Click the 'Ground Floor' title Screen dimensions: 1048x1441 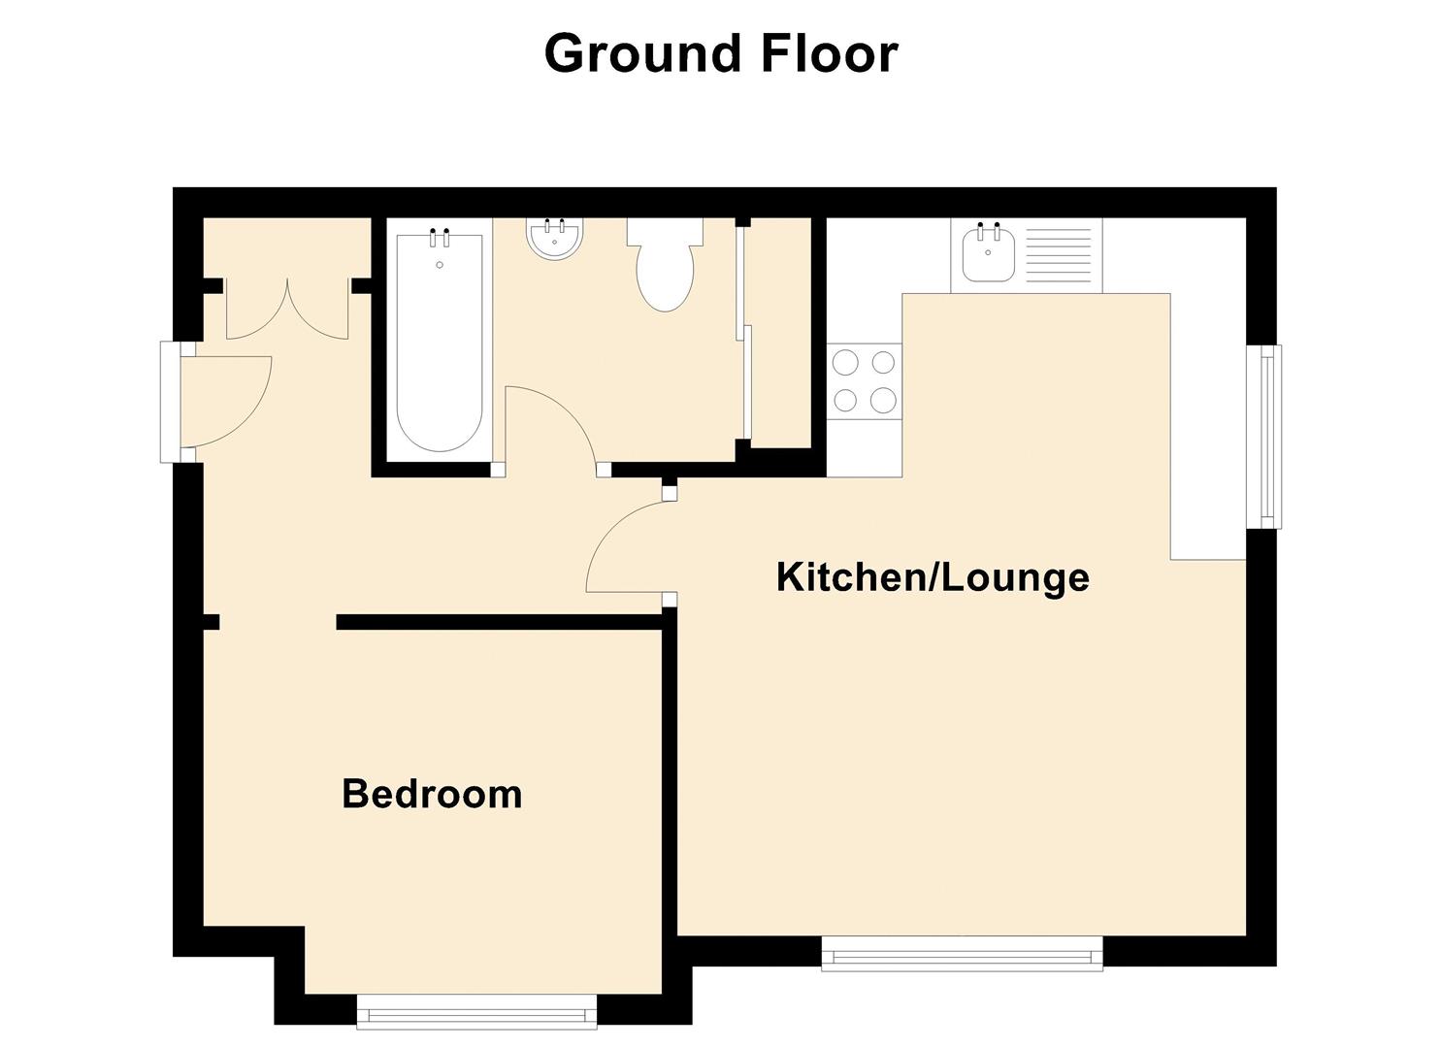tap(720, 53)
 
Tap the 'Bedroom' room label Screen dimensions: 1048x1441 tap(432, 794)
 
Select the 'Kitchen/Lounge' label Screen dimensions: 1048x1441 tap(933, 577)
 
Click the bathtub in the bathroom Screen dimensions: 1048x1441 tap(440, 340)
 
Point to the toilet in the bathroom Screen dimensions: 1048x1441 tap(665, 267)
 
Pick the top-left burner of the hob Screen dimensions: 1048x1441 tap(845, 363)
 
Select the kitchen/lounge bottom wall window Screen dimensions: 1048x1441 tap(962, 953)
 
